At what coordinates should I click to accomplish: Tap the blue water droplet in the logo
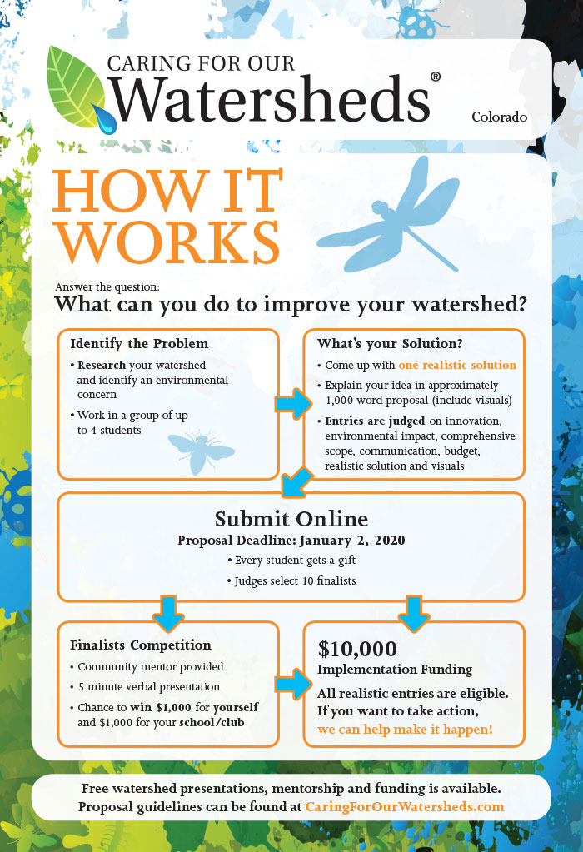click(x=106, y=119)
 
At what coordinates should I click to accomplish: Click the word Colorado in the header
click(x=500, y=117)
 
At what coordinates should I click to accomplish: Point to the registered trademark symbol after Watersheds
click(x=436, y=77)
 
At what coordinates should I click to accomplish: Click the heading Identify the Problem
click(x=139, y=343)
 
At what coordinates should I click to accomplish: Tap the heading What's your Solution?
click(x=390, y=343)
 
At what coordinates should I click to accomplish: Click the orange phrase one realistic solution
click(x=457, y=365)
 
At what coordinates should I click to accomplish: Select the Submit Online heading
click(x=291, y=519)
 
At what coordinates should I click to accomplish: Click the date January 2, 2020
click(x=352, y=541)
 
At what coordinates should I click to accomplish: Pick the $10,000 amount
click(x=357, y=649)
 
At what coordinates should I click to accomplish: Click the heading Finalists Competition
click(x=140, y=645)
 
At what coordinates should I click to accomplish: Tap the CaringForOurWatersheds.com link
click(x=404, y=806)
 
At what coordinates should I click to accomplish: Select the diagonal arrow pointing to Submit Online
click(x=297, y=482)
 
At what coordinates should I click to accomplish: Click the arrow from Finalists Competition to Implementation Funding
click(x=293, y=684)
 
